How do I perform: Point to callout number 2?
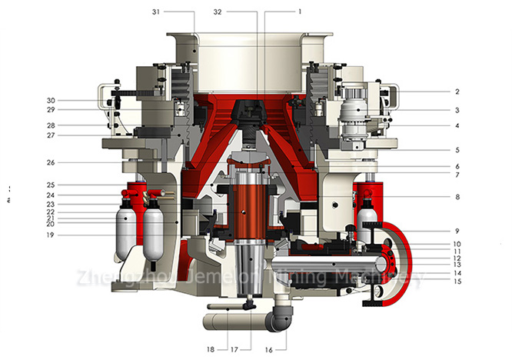coord(457,92)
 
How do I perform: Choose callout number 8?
coord(457,197)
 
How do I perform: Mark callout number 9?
coord(457,231)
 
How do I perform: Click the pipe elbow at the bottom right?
coord(280,318)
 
